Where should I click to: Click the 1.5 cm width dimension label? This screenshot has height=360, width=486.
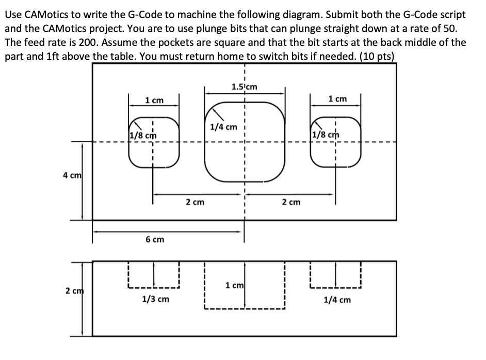click(x=245, y=87)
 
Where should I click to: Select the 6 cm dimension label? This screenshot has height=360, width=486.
click(x=154, y=239)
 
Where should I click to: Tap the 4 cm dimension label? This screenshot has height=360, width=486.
click(x=71, y=175)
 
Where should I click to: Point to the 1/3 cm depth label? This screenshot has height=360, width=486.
click(x=155, y=299)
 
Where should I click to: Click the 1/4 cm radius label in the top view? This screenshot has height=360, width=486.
click(x=223, y=126)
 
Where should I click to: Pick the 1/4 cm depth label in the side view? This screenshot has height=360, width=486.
click(x=337, y=299)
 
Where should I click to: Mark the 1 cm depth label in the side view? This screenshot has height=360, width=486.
click(x=235, y=285)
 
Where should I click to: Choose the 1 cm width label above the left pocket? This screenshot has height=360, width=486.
click(x=154, y=100)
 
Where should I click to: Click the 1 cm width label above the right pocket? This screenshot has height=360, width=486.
click(x=337, y=99)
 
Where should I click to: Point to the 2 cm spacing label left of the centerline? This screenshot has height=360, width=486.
click(x=195, y=202)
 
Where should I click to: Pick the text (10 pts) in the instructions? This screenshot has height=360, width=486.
click(x=376, y=56)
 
